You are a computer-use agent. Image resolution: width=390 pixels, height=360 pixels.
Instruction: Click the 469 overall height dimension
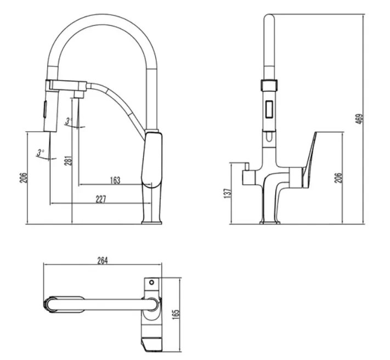(x=360, y=119)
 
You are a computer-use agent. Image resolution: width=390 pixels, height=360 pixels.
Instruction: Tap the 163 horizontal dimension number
(x=115, y=181)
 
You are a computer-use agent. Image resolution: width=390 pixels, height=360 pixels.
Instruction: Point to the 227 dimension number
(x=101, y=199)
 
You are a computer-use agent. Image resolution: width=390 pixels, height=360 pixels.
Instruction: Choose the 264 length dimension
(x=103, y=261)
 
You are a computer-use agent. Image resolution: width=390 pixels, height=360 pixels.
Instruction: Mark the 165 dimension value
(x=176, y=314)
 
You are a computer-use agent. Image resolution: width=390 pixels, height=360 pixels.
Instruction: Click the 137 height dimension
(x=227, y=193)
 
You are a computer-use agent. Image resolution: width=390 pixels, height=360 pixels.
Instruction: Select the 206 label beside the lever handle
(x=338, y=178)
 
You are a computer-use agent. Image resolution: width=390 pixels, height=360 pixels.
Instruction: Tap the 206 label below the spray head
(x=24, y=178)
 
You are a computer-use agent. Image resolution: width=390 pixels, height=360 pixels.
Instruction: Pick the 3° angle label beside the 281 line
(x=68, y=121)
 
